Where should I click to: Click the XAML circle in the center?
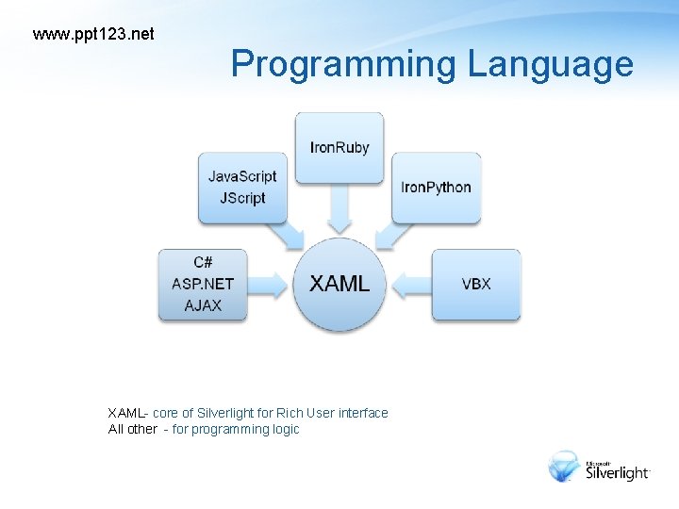tap(339, 284)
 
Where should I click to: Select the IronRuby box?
tap(339, 148)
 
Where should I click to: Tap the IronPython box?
tap(436, 188)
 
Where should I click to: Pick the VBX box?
tap(476, 284)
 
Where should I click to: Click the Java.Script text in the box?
tap(242, 176)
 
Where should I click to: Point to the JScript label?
tap(242, 198)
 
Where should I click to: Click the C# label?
tap(203, 262)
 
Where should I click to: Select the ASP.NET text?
tap(203, 284)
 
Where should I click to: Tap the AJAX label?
tap(203, 305)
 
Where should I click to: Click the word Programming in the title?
tap(344, 64)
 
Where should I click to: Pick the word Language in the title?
tap(550, 64)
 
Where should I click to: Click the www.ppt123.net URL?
tap(93, 35)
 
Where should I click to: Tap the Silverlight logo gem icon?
tap(566, 467)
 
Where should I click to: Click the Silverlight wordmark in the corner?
tap(618, 472)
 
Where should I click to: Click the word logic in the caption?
tap(284, 430)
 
